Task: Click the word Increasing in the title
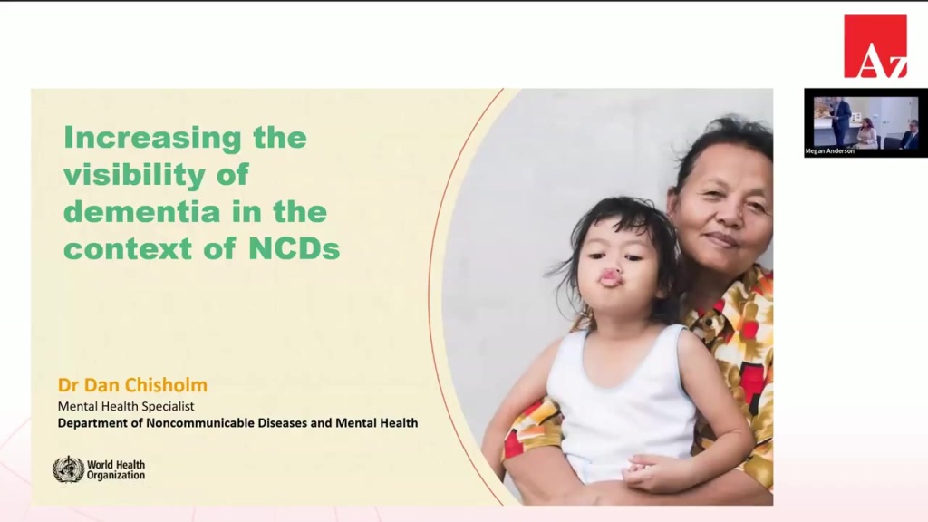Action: [x=152, y=139]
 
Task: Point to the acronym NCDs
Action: [x=295, y=248]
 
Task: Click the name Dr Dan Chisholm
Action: [x=132, y=385]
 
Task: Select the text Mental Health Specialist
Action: [x=125, y=406]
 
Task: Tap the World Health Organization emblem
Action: [x=68, y=469]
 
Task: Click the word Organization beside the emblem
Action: [x=116, y=475]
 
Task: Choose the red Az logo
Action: [x=875, y=46]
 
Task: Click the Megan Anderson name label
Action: [x=830, y=151]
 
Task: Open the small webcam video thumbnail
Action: [x=865, y=122]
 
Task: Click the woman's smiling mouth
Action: [x=721, y=240]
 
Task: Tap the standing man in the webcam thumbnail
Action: [x=840, y=121]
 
